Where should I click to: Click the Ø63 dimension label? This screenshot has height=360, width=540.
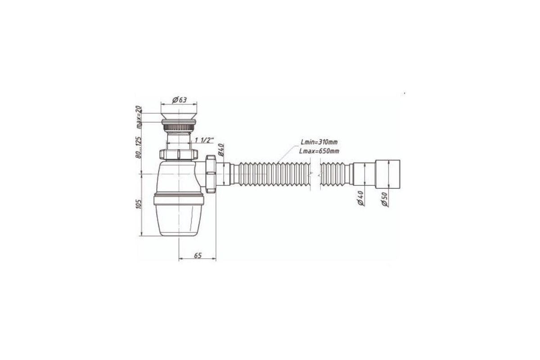point(180,100)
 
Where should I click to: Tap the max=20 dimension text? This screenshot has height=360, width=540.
point(138,117)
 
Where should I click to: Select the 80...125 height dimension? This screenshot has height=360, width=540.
point(139,147)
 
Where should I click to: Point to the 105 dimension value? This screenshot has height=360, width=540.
point(139,204)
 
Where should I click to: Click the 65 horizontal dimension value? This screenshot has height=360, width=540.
point(198,255)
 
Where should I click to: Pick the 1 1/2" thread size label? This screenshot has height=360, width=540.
point(204,140)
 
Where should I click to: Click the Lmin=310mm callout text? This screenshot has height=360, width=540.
point(319,142)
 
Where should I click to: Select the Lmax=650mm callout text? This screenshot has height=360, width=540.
point(319,151)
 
